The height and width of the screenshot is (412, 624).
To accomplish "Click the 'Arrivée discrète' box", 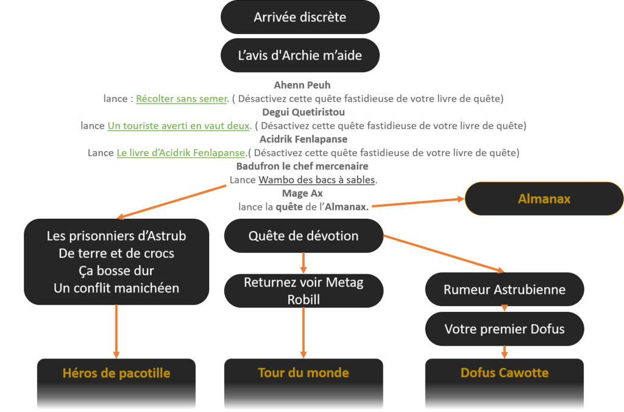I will (x=300, y=17).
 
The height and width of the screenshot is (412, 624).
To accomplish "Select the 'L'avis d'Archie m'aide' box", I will (x=300, y=55).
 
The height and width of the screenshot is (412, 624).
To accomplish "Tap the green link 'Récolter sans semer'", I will (x=182, y=98).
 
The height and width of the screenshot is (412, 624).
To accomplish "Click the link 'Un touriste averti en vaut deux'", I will (x=179, y=126).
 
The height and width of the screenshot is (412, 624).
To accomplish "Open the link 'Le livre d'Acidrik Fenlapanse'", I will (x=181, y=152).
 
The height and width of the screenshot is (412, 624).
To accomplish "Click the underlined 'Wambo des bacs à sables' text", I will (x=317, y=180).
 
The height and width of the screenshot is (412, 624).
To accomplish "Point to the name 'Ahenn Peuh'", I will (x=302, y=85).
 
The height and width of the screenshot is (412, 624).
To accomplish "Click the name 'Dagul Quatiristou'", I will (x=303, y=112).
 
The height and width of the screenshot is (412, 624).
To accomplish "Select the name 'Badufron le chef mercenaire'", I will (x=302, y=166).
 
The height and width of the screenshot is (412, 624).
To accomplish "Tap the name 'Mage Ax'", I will (x=302, y=193).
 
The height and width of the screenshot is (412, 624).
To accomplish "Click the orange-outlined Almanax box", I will (x=544, y=199).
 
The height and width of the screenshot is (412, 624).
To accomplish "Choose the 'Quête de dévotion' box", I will (x=303, y=236).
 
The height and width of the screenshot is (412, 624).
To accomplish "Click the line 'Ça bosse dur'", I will (x=116, y=271).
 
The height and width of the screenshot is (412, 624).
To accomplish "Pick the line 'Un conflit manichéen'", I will (x=116, y=288).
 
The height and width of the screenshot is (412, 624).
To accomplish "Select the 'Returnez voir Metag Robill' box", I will (x=303, y=291).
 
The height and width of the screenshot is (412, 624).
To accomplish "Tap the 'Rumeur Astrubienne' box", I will (x=504, y=289).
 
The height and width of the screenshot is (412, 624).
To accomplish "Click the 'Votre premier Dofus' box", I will (x=504, y=329).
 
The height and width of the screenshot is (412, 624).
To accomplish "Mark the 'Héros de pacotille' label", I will (x=116, y=373).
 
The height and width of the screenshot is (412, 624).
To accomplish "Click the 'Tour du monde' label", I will (x=303, y=373).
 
